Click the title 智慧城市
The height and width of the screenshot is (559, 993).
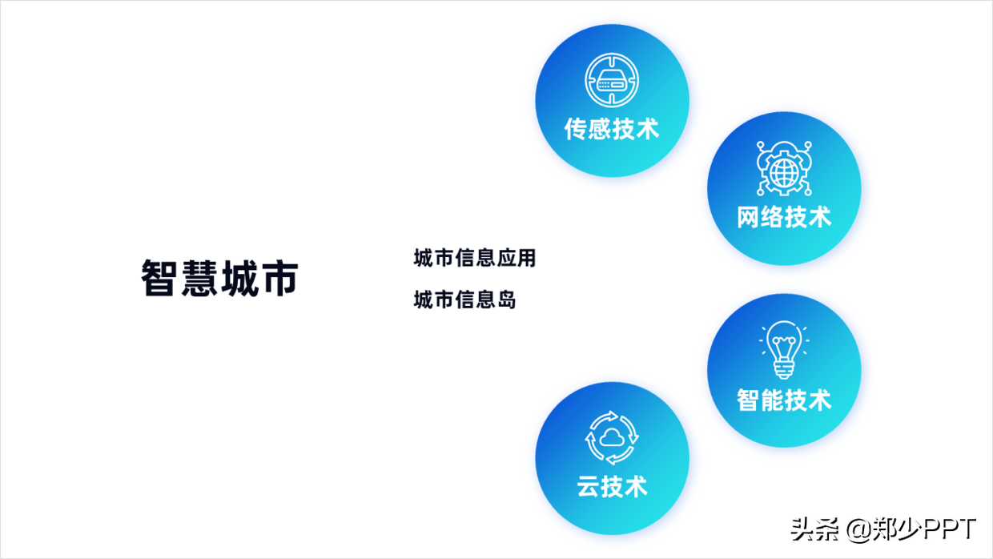click(x=219, y=278)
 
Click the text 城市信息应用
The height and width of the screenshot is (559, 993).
click(x=474, y=259)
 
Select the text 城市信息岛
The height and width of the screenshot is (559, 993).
click(x=464, y=300)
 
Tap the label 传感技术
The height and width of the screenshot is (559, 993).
click(x=612, y=129)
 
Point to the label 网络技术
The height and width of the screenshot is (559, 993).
click(x=784, y=217)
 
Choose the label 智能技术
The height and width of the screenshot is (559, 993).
click(x=784, y=400)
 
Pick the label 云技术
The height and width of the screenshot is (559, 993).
click(x=612, y=486)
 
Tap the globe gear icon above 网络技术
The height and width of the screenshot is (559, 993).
click(x=784, y=168)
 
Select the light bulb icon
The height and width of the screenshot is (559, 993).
click(x=784, y=350)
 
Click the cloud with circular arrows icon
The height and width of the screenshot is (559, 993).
click(x=612, y=437)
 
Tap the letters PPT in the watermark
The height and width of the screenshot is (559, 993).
click(x=950, y=529)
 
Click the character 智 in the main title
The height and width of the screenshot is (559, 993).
click(x=160, y=278)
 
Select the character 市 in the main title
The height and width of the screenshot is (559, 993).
click(x=278, y=278)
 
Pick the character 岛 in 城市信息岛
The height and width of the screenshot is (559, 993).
click(x=506, y=300)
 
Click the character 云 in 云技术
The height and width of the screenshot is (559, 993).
click(x=589, y=486)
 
